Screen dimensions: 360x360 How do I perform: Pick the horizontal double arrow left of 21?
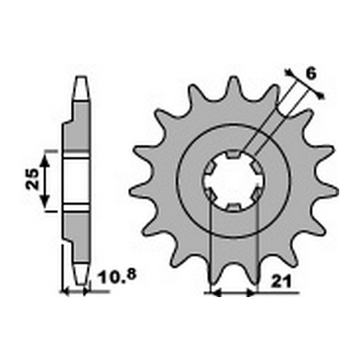[x=232, y=292]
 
